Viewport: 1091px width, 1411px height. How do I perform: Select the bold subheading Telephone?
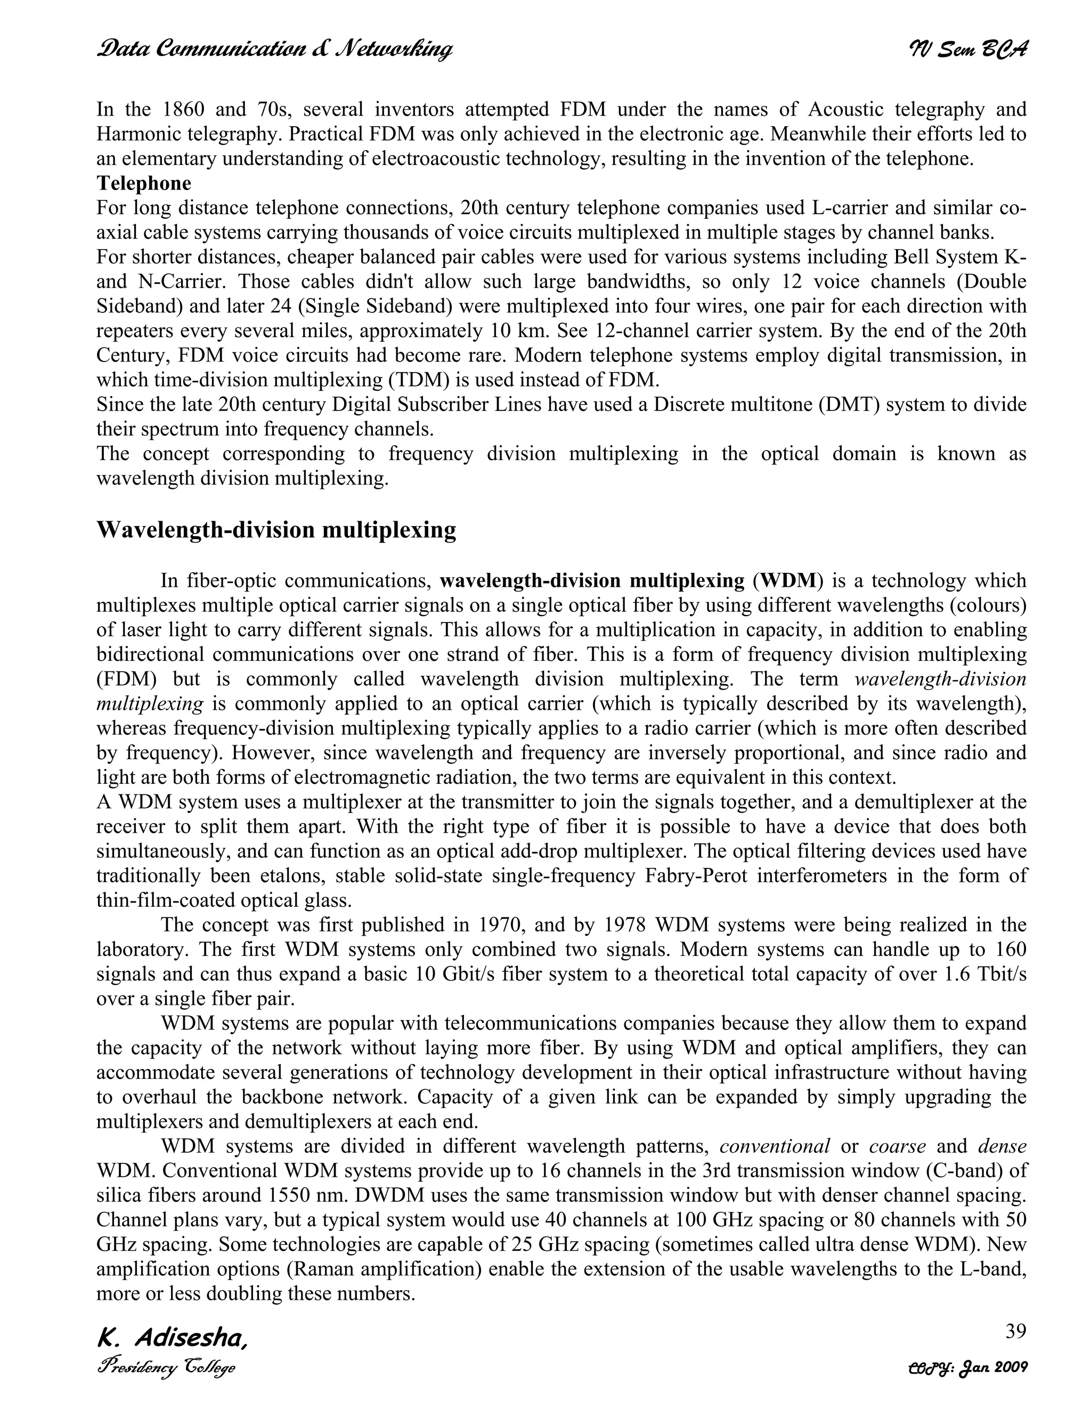click(x=143, y=184)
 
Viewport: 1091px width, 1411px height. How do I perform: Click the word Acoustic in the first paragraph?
click(x=845, y=109)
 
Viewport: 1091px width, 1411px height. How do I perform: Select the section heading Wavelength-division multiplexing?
click(x=276, y=530)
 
